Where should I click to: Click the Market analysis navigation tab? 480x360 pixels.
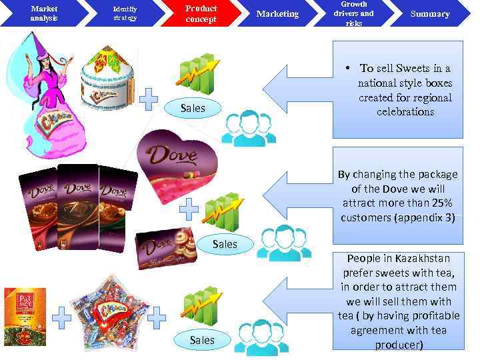click(x=44, y=13)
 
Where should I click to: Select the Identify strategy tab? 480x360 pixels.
click(x=125, y=13)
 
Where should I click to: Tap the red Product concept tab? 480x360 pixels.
click(x=201, y=13)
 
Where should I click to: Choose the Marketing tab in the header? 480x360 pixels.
click(x=277, y=13)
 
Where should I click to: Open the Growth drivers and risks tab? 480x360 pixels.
click(x=353, y=13)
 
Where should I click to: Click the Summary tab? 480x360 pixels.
click(x=430, y=13)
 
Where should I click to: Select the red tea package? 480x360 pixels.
click(x=25, y=316)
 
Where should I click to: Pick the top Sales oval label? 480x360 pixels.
click(x=193, y=108)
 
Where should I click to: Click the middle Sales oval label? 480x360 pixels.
click(x=225, y=244)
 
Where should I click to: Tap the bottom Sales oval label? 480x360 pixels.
click(x=202, y=340)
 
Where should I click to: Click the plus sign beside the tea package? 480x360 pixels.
click(x=61, y=319)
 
